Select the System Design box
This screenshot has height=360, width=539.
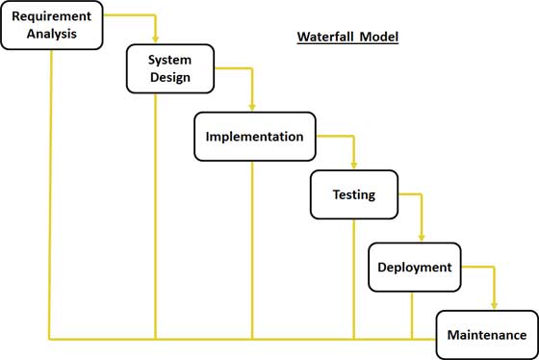point(168,68)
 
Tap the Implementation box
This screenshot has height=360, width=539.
point(254,137)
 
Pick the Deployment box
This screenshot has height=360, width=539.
point(414,268)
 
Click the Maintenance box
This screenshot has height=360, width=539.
point(486,335)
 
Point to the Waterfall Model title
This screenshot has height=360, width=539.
point(346,38)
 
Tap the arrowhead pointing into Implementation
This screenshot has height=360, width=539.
point(252,108)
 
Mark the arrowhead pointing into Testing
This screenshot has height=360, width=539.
point(354,167)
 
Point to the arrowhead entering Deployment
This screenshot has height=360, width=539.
point(422,239)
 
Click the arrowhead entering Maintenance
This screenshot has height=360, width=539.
point(494,306)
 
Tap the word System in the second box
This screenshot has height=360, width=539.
point(168,59)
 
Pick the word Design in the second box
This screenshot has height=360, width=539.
point(168,78)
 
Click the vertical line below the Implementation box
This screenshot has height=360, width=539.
point(252,250)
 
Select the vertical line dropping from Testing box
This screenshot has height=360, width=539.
point(353,279)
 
